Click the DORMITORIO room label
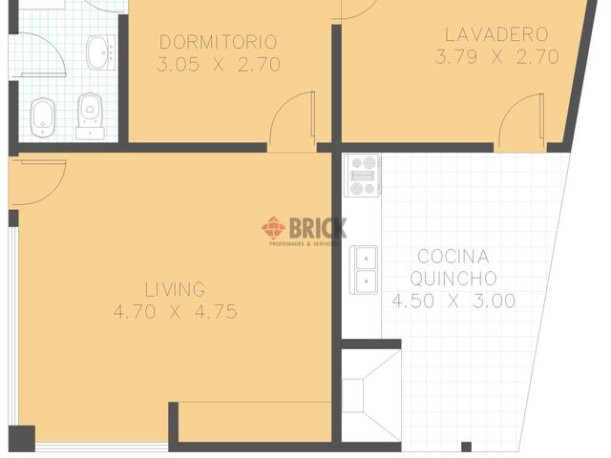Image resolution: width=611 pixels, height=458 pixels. coord(218,42)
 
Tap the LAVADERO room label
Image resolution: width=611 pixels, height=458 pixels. coord(495,34)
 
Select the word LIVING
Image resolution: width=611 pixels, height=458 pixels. coord(175,289)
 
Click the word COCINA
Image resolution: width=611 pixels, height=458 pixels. coord(453,257)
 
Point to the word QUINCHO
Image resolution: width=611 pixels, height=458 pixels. coord(453,279)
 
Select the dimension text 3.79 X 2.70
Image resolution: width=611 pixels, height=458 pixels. coord(496,56)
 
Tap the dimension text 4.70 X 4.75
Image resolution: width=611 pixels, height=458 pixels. coord(175,312)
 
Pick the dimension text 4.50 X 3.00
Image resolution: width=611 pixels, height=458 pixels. coord(453,301)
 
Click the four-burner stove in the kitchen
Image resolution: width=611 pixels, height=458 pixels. coord(363,175)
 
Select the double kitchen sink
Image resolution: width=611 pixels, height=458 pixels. coord(364,269)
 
